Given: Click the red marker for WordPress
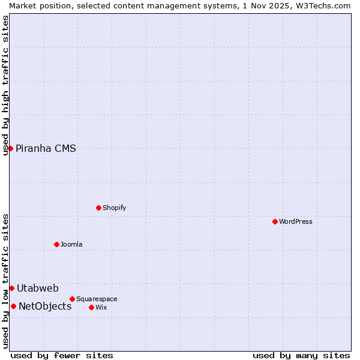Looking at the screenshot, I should tap(275, 221).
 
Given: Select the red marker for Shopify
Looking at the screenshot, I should tap(98, 208).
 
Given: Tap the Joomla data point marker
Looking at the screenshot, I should tap(56, 244).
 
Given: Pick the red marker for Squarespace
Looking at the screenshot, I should tap(72, 299).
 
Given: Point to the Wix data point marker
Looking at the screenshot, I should tap(91, 307).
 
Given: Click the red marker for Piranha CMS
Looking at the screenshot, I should tap(10, 148).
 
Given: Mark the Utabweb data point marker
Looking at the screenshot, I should tap(11, 288).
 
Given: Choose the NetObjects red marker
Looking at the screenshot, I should tap(13, 306).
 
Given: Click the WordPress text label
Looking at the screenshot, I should tap(296, 221).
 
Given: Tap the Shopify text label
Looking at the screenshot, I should tap(114, 208).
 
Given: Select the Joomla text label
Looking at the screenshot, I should tap(71, 244).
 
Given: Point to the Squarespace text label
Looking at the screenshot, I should tap(97, 299).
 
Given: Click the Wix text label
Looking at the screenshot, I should tap(101, 307).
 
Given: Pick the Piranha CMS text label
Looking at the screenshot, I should tap(46, 149).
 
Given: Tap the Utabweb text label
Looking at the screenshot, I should tap(38, 289).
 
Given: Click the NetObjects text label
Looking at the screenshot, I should tap(45, 307).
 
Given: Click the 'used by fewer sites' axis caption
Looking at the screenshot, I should tap(62, 355).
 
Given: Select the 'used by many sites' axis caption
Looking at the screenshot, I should tap(301, 355).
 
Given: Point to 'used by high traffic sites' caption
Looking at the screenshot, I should tap(5, 85).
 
